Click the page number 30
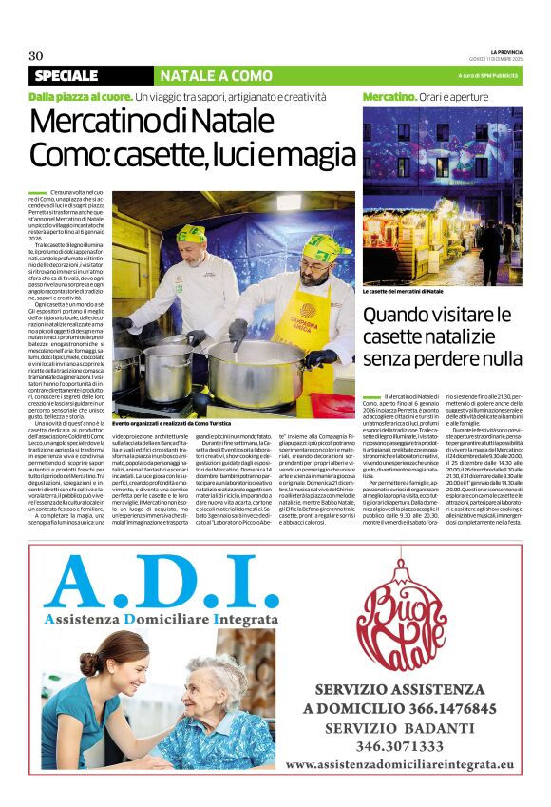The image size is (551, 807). pos(36,54)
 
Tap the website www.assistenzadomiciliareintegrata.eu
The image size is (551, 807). pos(399,763)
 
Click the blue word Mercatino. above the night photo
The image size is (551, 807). pos(389,97)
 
